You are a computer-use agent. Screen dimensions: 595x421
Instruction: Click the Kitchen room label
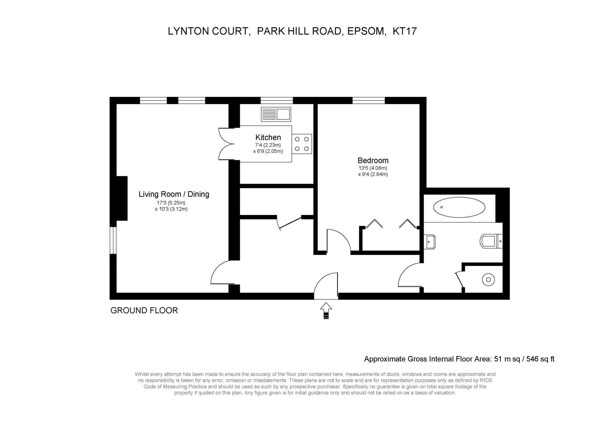[268, 138]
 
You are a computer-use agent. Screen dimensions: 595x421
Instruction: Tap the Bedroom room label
[373, 160]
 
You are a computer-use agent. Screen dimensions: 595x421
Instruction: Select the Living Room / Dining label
[174, 194]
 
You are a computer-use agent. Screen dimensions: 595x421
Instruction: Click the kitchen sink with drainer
[276, 114]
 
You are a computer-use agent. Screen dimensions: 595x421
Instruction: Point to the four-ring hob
[302, 144]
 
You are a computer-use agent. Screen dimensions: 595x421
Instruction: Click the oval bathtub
[459, 207]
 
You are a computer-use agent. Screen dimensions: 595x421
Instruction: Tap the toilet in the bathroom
[491, 241]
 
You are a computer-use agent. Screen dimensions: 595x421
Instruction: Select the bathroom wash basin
[430, 242]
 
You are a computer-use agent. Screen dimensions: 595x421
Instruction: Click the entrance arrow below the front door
[326, 311]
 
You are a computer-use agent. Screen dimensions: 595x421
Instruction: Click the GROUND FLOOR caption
[144, 311]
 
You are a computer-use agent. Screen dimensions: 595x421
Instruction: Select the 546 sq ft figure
[540, 359]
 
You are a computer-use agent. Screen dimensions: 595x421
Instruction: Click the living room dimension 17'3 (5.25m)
[171, 203]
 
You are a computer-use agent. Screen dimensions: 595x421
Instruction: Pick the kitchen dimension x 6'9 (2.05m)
[268, 151]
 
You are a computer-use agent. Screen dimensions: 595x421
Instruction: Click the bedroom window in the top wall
[369, 101]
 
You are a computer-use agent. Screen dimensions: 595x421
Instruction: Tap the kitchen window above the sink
[277, 101]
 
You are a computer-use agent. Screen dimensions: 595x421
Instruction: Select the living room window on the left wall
[113, 240]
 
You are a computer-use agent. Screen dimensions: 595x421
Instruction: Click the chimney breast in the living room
[122, 198]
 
